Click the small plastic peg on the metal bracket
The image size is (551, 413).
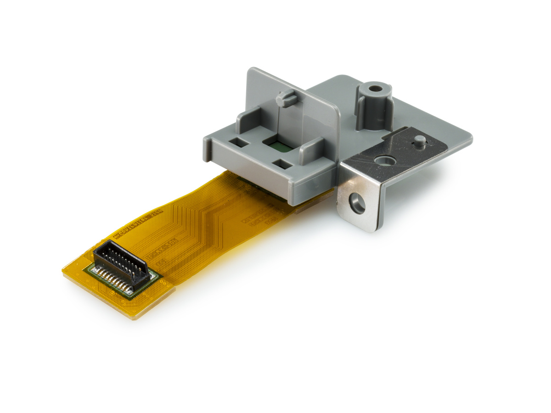419,140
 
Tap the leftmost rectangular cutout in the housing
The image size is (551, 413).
239,143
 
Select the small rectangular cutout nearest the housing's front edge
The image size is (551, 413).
279,163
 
